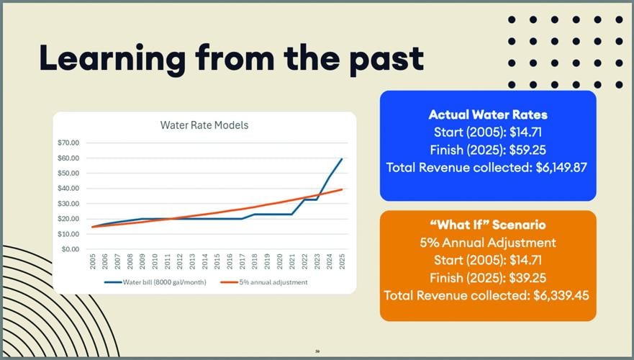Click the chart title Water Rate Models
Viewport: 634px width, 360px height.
204,125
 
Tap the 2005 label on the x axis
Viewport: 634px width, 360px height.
94,261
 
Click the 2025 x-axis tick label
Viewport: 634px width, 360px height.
342,261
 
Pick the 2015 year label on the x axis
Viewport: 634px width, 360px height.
217,261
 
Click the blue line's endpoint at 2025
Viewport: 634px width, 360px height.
342,159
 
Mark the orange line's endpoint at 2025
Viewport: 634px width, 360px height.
342,189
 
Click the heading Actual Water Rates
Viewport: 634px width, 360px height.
487,114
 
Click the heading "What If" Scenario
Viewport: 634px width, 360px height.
487,225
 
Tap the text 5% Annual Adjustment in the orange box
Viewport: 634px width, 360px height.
487,243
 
